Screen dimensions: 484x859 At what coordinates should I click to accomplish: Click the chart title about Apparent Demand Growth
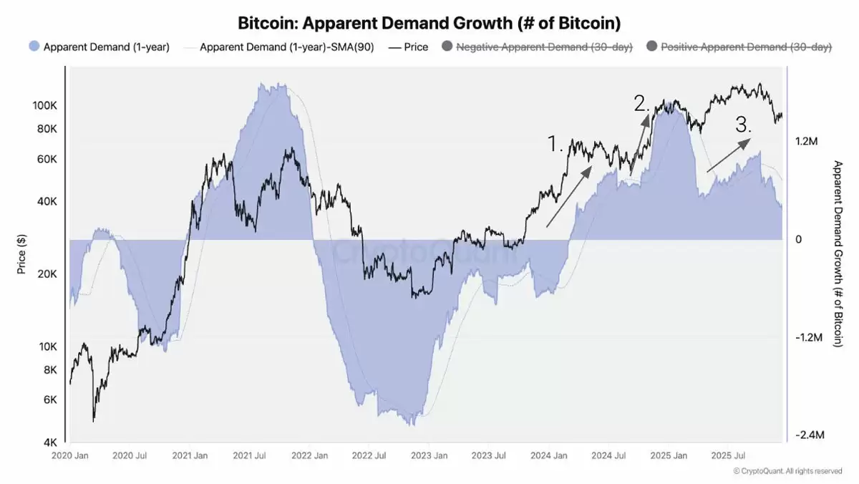[429, 22]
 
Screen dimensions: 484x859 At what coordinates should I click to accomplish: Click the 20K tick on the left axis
[45, 274]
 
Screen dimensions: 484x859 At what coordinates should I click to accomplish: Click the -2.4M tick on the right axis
[811, 435]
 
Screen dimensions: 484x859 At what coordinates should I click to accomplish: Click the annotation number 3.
[744, 125]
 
